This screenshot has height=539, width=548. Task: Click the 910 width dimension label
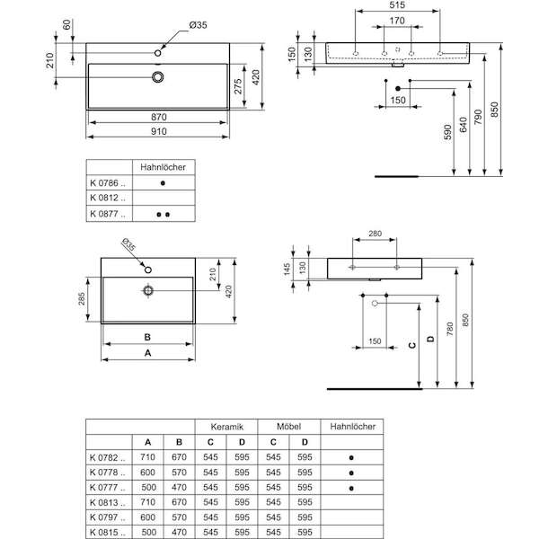(x=159, y=131)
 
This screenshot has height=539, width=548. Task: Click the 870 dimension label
(x=159, y=117)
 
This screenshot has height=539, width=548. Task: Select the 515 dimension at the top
(x=397, y=4)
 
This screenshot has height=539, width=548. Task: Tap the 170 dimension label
(x=397, y=21)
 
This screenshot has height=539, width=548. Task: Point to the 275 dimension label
(x=238, y=86)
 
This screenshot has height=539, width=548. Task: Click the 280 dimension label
(x=375, y=234)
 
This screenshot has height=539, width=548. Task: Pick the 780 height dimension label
(x=450, y=330)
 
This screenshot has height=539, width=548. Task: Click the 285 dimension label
(x=82, y=299)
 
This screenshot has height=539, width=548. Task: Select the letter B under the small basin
(x=147, y=337)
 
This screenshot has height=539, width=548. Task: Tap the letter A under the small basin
(x=148, y=353)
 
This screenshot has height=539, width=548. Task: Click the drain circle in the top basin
(x=158, y=77)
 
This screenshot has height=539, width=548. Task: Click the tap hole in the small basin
(x=148, y=269)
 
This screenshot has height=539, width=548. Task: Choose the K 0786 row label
(x=108, y=183)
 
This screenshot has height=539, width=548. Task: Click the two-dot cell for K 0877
(x=164, y=215)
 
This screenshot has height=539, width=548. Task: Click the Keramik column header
(x=226, y=427)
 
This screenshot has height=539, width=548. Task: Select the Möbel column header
(x=288, y=427)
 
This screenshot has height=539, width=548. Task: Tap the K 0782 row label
(x=108, y=457)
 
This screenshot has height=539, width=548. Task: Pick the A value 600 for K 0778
(x=147, y=473)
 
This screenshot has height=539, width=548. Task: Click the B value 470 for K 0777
(x=179, y=487)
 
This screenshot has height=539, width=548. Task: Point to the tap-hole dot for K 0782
(x=351, y=457)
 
